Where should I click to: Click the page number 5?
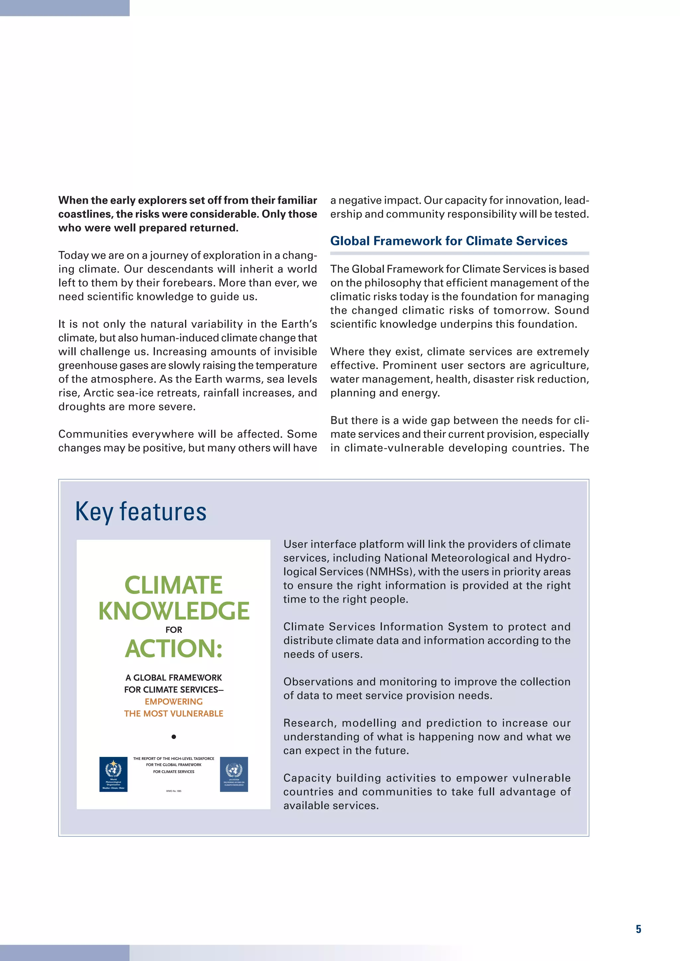(x=638, y=929)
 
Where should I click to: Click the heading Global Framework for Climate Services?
(x=449, y=241)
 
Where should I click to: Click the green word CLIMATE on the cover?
(x=173, y=585)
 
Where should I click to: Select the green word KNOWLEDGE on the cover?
(x=174, y=611)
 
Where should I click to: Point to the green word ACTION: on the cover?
(x=174, y=649)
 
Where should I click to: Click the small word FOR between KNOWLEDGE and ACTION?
(x=174, y=630)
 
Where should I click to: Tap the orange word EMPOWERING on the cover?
(x=174, y=702)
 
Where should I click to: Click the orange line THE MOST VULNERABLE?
(x=174, y=714)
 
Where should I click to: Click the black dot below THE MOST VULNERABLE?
(x=174, y=737)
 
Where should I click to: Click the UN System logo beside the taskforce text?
(x=234, y=774)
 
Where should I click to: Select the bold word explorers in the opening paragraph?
(x=162, y=200)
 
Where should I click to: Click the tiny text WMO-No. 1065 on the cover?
(x=174, y=791)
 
